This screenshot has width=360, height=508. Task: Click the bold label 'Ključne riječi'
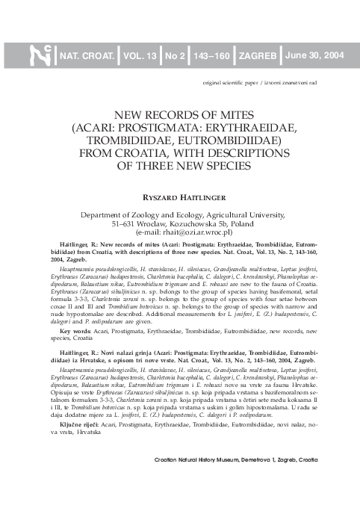click(x=78, y=423)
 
